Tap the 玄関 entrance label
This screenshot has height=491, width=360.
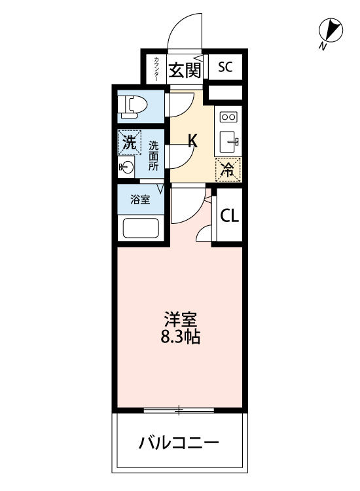[x=185, y=70]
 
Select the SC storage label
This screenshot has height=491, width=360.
[x=225, y=67]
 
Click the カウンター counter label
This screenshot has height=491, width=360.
[x=156, y=69]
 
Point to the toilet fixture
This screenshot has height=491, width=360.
[x=134, y=107]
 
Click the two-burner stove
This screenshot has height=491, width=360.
[x=228, y=117]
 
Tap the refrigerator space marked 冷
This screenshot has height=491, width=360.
[x=228, y=170]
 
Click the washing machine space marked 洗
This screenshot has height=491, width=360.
[x=130, y=143]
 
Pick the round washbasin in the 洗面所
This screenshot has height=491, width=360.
[x=126, y=167]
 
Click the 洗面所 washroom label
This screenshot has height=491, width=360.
[x=153, y=156]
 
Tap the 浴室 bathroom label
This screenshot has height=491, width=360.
[x=140, y=200]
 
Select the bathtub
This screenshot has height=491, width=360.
[x=141, y=228]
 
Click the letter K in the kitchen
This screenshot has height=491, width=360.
[x=193, y=140]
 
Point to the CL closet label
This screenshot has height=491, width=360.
[x=230, y=215]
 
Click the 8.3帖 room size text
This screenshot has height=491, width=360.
[x=181, y=336]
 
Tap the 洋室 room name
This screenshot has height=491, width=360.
[x=181, y=319]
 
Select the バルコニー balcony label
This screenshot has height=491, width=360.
[x=179, y=443]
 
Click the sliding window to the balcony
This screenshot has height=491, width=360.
[x=179, y=410]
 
